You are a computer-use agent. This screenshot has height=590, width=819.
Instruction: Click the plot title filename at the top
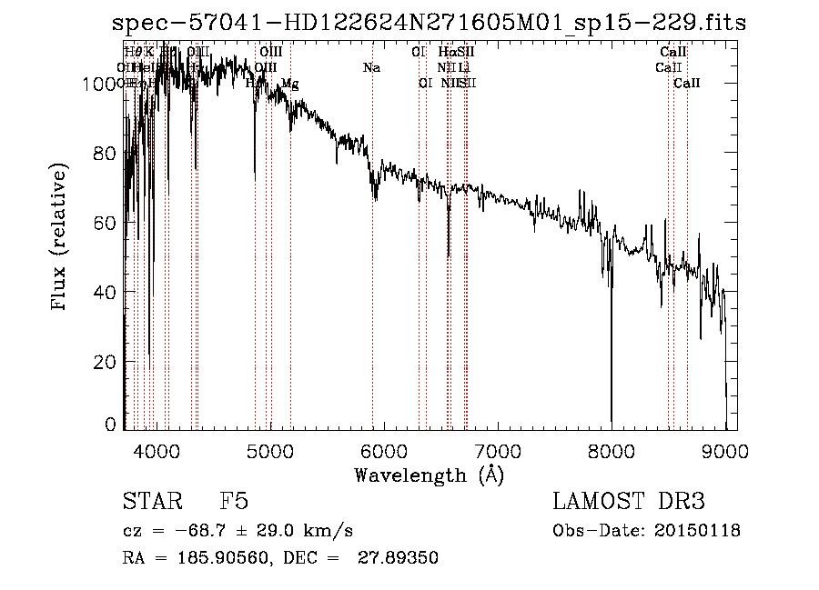click(429, 23)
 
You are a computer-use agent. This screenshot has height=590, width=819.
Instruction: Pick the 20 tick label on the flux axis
click(106, 362)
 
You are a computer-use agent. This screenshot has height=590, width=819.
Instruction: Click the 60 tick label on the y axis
click(106, 223)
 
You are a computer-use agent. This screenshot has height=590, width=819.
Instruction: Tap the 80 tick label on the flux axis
click(106, 153)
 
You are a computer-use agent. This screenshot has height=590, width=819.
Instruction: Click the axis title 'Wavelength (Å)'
click(429, 475)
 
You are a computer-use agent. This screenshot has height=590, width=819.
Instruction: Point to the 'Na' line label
click(371, 68)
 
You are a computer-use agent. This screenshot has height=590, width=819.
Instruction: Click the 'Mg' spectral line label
click(289, 84)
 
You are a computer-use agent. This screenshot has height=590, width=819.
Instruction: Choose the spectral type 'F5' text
click(234, 503)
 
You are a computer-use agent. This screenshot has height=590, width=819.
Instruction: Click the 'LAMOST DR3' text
click(628, 503)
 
